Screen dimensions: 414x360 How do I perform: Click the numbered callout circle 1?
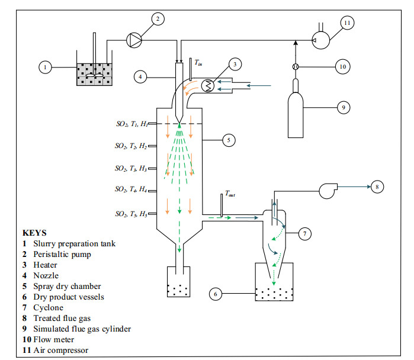(45, 67)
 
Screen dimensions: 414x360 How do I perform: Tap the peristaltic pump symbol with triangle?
(134, 40)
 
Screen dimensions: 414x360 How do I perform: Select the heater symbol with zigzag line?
(208, 86)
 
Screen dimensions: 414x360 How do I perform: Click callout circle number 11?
(347, 23)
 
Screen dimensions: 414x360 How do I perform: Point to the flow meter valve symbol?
(296, 67)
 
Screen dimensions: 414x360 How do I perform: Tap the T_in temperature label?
(198, 63)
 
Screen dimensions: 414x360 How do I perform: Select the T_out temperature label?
(230, 194)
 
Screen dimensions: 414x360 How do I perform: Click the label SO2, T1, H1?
(132, 124)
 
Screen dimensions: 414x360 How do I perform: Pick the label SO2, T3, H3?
(131, 168)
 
